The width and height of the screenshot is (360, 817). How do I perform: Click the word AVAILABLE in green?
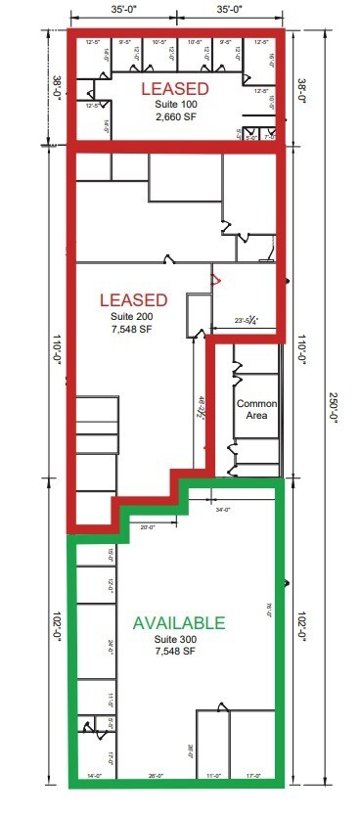pos(179,622)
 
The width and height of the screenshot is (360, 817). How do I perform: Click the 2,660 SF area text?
pos(176,117)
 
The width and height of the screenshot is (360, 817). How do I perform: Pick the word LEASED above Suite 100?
pos(176,88)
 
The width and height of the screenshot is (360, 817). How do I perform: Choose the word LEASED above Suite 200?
pos(133,299)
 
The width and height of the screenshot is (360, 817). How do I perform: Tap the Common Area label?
pos(257,409)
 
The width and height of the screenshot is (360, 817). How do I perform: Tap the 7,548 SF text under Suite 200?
pos(133,330)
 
